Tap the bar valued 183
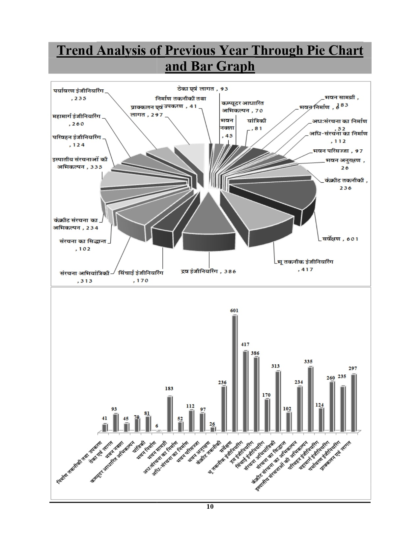[x=170, y=414]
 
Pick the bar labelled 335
[x=310, y=399]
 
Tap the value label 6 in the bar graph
[x=157, y=426]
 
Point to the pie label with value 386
[x=209, y=271]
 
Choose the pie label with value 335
[x=79, y=163]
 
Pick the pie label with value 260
[x=77, y=120]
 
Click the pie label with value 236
[x=346, y=184]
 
